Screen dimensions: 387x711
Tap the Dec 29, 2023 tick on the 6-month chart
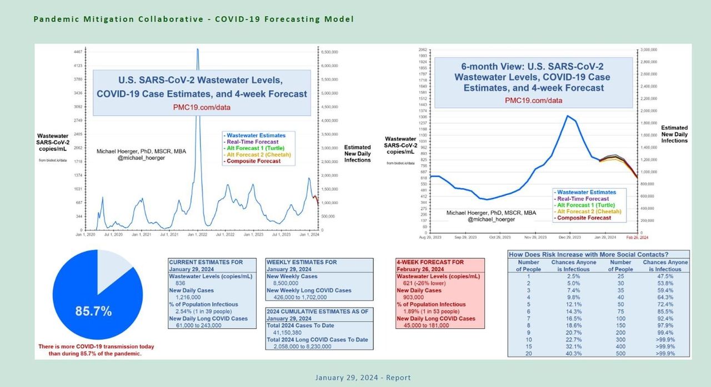pos(565,237)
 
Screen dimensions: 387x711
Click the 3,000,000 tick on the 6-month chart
pos(649,50)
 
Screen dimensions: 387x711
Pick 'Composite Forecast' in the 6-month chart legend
pos(584,218)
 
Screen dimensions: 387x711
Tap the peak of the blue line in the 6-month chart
pos(567,115)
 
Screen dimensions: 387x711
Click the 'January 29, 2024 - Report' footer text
pos(363,378)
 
